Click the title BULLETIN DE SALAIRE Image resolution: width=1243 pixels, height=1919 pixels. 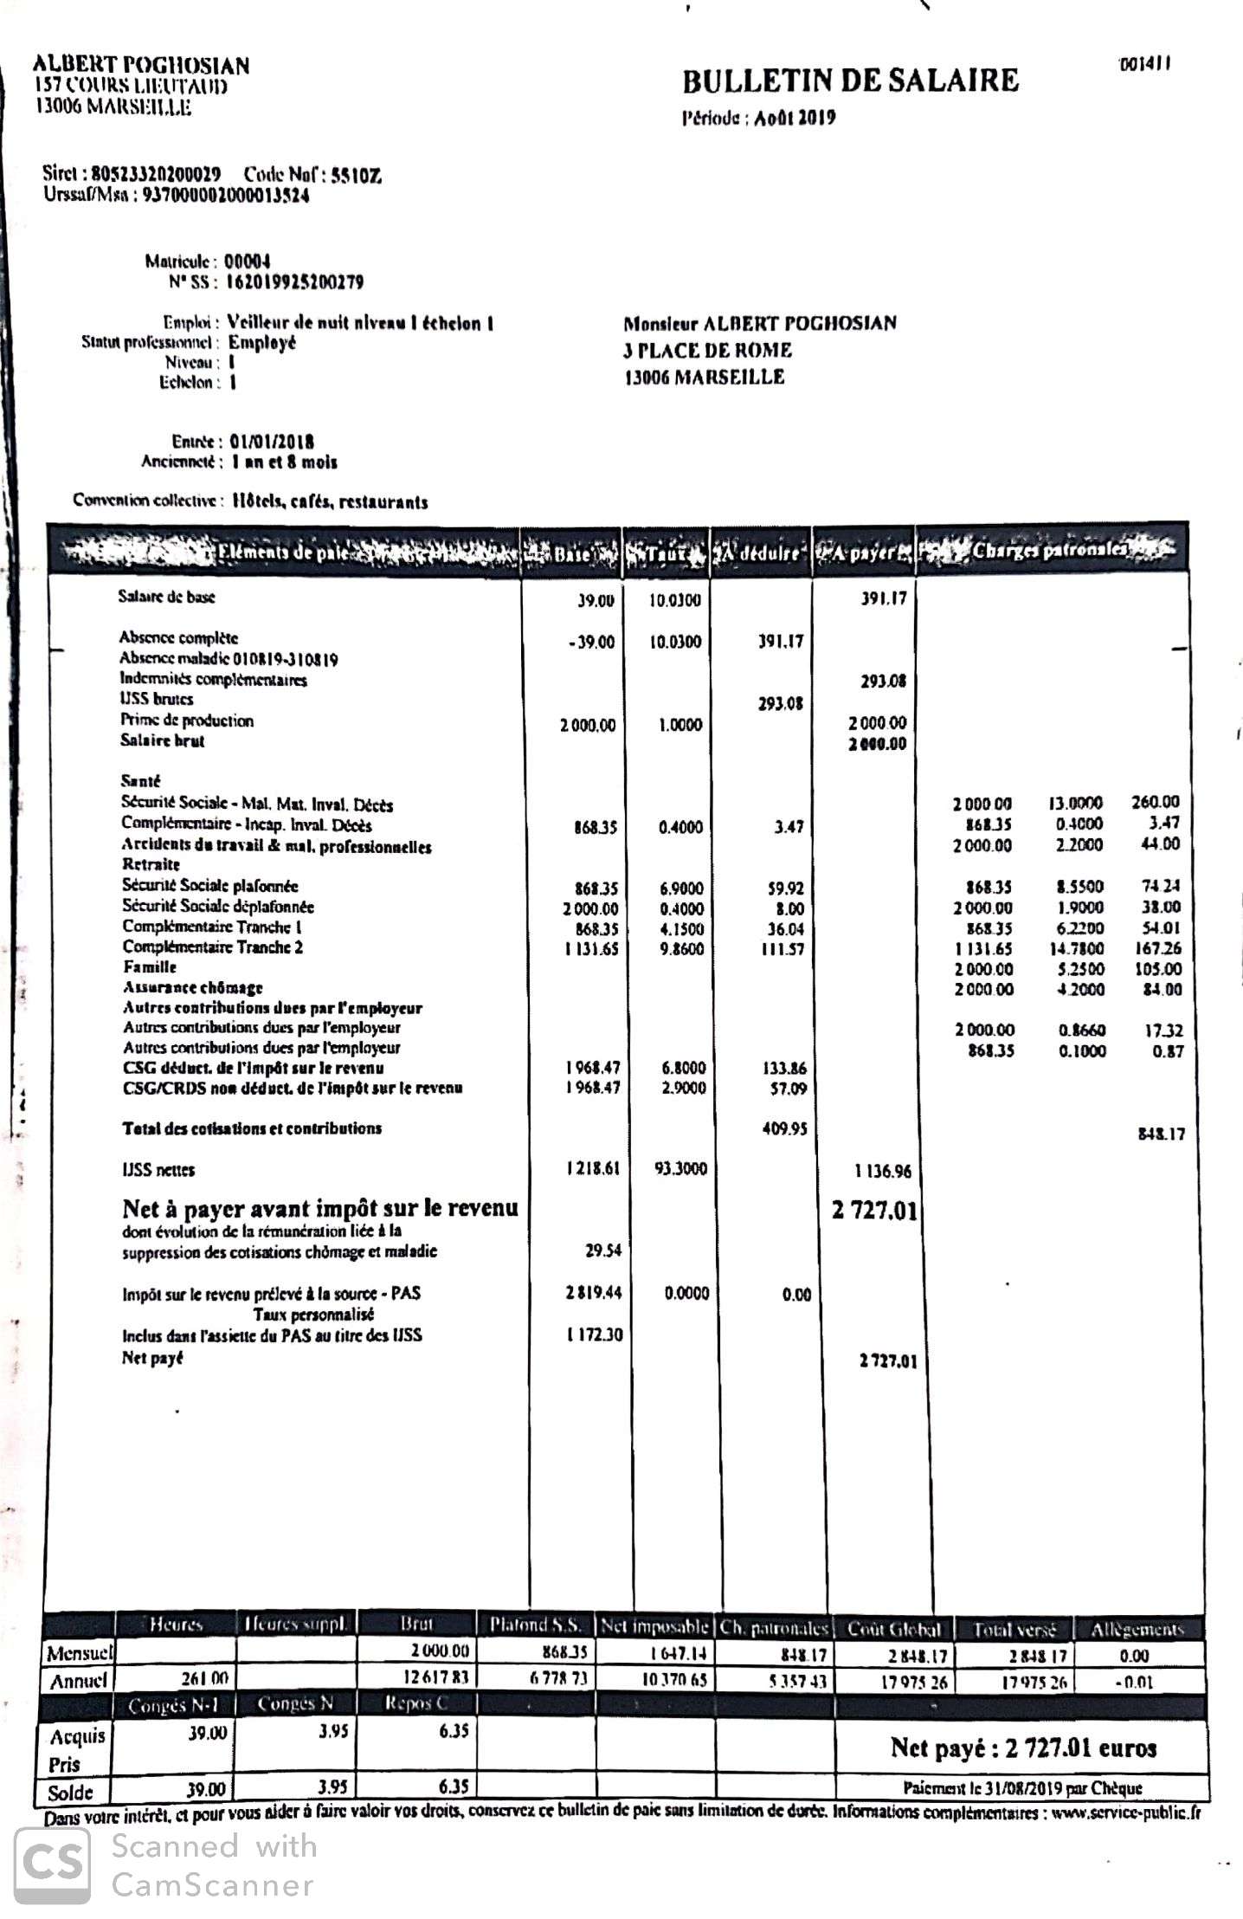pyautogui.click(x=850, y=81)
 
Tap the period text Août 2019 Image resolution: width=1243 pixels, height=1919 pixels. pyautogui.click(x=794, y=119)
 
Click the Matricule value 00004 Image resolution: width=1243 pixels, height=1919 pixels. pyautogui.click(x=248, y=261)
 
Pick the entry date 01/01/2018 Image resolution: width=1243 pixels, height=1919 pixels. pyautogui.click(x=272, y=442)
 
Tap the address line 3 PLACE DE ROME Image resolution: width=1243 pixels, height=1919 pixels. pyautogui.click(x=707, y=350)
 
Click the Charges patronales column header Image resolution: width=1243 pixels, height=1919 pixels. pyautogui.click(x=1049, y=550)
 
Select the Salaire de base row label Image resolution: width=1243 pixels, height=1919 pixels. pyautogui.click(x=166, y=597)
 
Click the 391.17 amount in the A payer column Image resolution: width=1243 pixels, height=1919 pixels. pyautogui.click(x=883, y=598)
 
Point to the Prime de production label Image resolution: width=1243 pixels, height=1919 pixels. pyautogui.click(x=187, y=720)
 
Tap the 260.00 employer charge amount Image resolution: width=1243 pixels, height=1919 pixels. pyautogui.click(x=1155, y=803)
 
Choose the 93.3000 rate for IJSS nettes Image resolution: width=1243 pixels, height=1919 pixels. pyautogui.click(x=680, y=1168)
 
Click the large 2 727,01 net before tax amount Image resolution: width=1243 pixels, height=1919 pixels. pyautogui.click(x=874, y=1210)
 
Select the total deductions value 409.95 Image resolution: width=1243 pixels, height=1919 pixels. pyautogui.click(x=784, y=1129)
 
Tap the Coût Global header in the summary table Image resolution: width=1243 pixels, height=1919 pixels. pyautogui.click(x=893, y=1628)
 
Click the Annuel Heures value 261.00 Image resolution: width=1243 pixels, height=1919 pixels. pyautogui.click(x=204, y=1678)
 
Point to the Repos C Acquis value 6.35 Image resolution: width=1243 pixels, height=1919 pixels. pyautogui.click(x=454, y=1730)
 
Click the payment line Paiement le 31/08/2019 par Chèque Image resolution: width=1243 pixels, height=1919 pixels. pyautogui.click(x=1022, y=1787)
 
